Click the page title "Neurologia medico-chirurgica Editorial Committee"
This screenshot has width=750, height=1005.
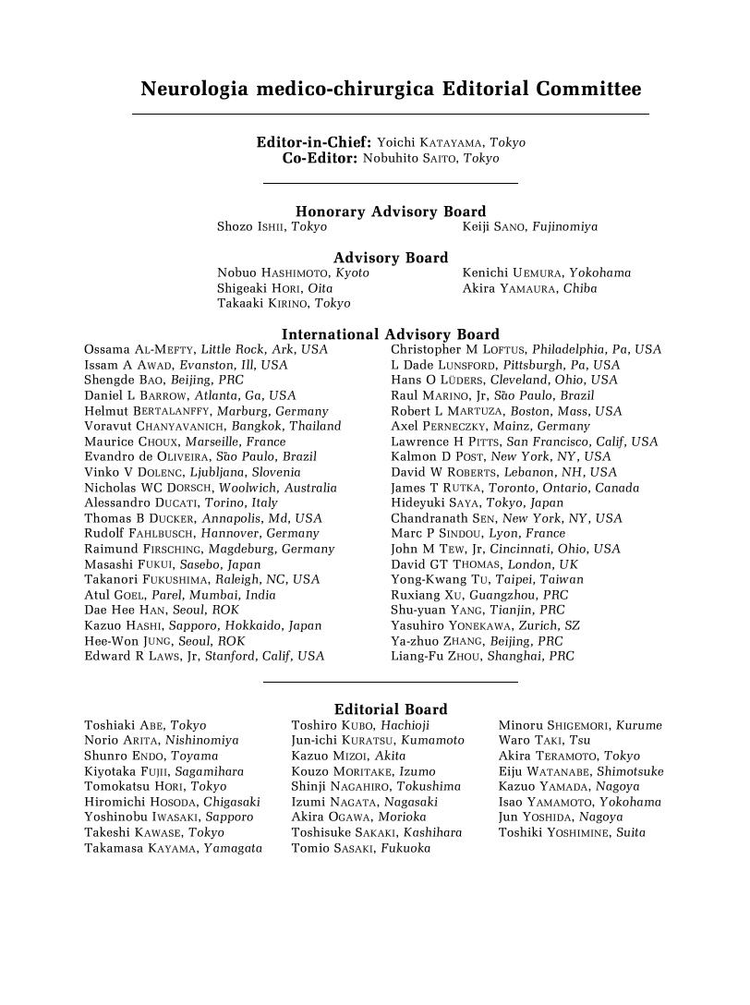391,90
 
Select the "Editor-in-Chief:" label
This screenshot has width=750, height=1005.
314,142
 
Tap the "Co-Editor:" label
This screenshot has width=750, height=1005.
320,158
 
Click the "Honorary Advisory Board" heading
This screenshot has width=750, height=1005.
391,212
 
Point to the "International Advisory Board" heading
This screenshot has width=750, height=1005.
391,334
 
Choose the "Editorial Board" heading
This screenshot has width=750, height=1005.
391,709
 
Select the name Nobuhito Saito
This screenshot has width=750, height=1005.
430,158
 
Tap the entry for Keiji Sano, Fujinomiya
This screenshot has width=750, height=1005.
529,226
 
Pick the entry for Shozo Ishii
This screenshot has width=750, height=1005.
272,226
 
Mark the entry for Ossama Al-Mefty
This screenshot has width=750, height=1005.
205,349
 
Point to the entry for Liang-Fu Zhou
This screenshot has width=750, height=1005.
482,656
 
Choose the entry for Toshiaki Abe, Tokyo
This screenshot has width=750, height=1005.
145,725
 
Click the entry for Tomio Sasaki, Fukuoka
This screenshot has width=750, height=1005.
360,848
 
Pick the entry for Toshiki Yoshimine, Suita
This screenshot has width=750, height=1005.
572,832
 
